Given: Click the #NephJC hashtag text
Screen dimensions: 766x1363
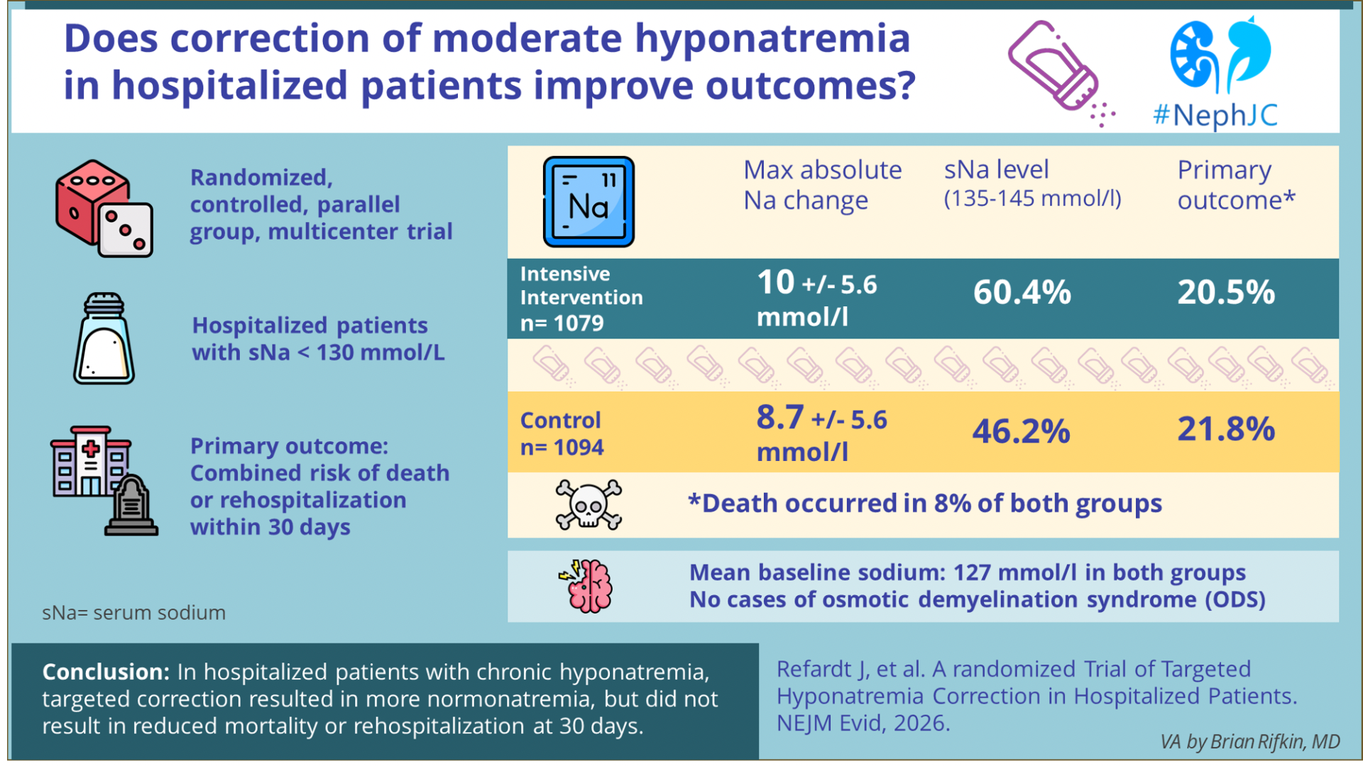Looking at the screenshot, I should click(1215, 115).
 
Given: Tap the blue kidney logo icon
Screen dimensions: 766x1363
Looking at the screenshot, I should click(1220, 55).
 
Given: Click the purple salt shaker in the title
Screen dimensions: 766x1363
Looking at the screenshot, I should click(1056, 69).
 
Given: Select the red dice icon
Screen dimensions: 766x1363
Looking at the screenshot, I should click(104, 209).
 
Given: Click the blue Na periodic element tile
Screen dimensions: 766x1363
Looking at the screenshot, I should click(589, 202).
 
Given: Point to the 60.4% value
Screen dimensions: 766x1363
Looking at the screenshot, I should click(1022, 292).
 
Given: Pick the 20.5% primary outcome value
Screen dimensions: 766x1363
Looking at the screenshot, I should click(1226, 292).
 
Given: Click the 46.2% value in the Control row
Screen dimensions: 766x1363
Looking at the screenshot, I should click(1021, 431).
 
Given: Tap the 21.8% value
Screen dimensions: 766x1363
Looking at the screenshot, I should click(1226, 429).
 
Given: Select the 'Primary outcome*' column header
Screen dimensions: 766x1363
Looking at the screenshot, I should click(1235, 185).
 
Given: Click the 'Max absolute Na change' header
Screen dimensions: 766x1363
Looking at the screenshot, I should click(822, 185).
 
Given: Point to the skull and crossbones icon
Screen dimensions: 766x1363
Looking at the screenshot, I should click(589, 505).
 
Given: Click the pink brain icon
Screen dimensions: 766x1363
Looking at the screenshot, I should click(589, 587).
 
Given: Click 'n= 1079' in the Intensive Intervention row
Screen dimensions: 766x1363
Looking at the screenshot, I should click(562, 323).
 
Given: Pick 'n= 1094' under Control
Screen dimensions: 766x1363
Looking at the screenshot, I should click(562, 448).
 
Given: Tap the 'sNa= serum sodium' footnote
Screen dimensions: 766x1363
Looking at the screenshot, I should click(133, 613).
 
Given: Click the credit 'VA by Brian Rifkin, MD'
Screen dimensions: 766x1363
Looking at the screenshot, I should click(1249, 742).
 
